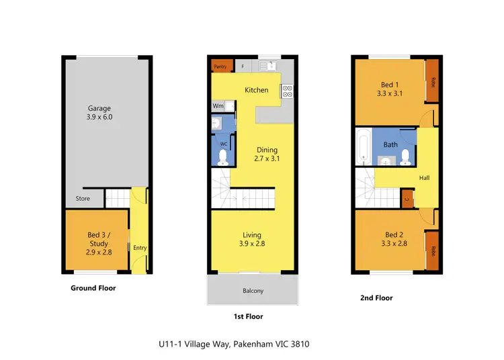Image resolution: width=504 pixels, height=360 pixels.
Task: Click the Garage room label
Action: pyautogui.click(x=99, y=108)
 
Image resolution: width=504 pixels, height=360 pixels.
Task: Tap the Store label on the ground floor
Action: pyautogui.click(x=83, y=199)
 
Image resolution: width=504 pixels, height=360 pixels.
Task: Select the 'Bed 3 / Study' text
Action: pyautogui.click(x=98, y=239)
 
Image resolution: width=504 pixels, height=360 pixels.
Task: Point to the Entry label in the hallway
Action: pyautogui.click(x=140, y=248)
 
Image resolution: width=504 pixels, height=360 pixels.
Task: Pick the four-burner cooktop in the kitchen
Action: pyautogui.click(x=287, y=91)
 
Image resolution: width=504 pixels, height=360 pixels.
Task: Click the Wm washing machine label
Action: pyautogui.click(x=218, y=105)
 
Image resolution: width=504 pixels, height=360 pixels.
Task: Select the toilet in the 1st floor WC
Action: pyautogui.click(x=223, y=156)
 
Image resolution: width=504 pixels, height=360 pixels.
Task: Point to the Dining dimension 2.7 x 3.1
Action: pyautogui.click(x=267, y=159)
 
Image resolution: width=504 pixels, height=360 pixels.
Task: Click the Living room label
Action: pyautogui.click(x=253, y=235)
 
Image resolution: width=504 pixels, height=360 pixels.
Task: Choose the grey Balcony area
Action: pyautogui.click(x=253, y=290)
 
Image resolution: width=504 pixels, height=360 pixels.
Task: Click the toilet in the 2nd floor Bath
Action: pyautogui.click(x=405, y=156)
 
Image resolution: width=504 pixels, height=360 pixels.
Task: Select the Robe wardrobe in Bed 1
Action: pyautogui.click(x=433, y=82)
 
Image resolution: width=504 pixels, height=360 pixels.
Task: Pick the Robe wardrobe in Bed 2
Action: pyautogui.click(x=433, y=250)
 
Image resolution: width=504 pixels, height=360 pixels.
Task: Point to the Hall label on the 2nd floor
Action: pyautogui.click(x=425, y=178)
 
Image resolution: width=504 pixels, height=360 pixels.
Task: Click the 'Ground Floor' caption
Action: pyautogui.click(x=93, y=288)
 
